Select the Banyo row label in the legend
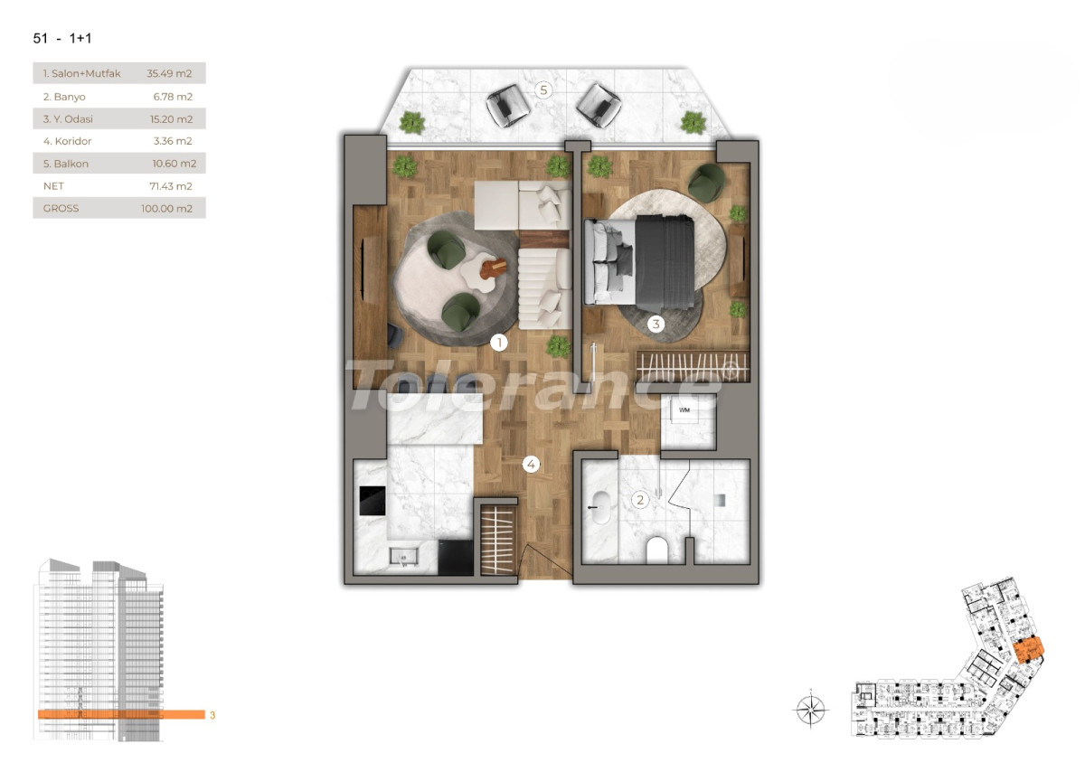62,96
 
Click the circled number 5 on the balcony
542,89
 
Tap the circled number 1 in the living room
497,342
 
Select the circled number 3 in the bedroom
656,323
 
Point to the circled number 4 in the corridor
532,465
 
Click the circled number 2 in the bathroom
640,499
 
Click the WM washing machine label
684,410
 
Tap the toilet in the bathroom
657,550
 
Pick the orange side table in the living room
494,268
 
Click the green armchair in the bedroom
706,184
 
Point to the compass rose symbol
811,708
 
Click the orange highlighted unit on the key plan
1027,650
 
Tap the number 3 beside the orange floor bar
212,715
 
